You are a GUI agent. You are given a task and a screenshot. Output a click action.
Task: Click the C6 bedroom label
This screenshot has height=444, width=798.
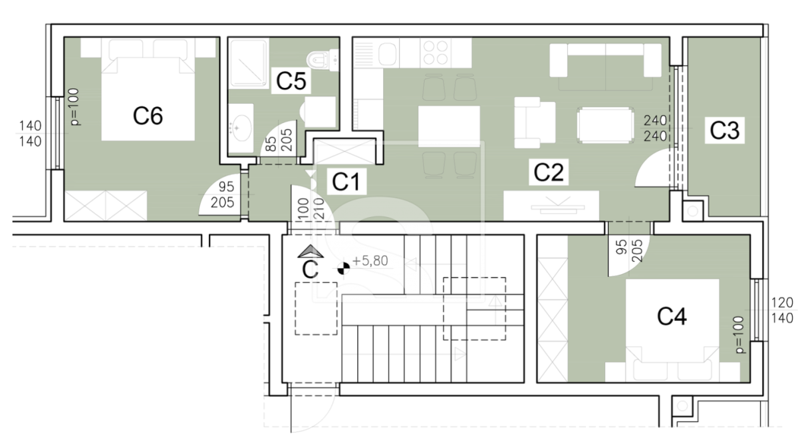(x=148, y=116)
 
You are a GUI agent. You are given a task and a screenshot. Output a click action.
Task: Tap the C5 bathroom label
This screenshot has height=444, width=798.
(x=291, y=81)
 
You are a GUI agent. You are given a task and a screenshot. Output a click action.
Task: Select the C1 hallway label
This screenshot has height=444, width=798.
(x=346, y=181)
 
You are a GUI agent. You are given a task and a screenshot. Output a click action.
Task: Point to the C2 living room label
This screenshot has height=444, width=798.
(x=549, y=172)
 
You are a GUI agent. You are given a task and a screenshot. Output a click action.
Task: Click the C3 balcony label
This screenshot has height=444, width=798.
(x=725, y=130)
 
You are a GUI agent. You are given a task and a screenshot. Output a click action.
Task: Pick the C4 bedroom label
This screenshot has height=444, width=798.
(x=672, y=316)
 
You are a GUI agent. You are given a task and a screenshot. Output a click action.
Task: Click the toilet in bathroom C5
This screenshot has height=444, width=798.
(x=323, y=60)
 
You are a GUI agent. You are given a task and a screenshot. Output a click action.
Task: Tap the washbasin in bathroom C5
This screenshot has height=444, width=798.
(x=241, y=128)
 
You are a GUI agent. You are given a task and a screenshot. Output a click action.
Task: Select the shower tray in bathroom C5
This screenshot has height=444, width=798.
(x=249, y=64)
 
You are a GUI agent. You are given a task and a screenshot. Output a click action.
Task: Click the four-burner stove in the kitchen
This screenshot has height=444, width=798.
(x=436, y=53)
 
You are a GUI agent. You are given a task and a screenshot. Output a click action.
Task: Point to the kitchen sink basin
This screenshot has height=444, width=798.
(x=387, y=54)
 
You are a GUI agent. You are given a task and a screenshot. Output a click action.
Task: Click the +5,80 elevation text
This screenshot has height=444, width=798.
(x=370, y=261)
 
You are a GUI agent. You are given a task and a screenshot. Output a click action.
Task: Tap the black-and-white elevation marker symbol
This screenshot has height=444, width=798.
(x=343, y=268)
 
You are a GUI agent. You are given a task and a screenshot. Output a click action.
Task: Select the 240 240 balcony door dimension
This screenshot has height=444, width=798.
(x=655, y=128)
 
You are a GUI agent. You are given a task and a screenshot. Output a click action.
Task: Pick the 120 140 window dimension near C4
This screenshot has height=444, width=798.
(x=782, y=310)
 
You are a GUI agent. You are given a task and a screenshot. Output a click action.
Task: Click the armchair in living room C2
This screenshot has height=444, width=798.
(x=535, y=122)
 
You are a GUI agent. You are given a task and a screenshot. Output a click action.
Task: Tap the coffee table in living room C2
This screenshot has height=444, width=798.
(x=606, y=125)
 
